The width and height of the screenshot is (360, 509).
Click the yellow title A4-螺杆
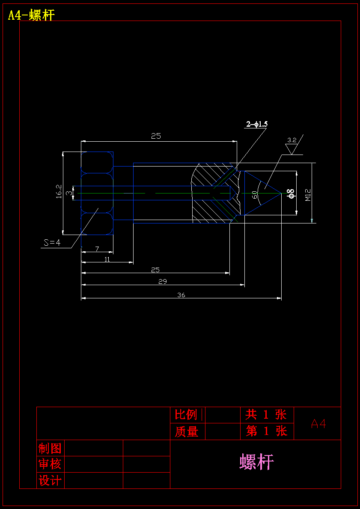pyautogui.click(x=31, y=15)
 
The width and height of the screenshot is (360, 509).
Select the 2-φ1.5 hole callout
pyautogui.click(x=257, y=124)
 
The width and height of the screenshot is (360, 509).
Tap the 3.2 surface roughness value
pyautogui.click(x=292, y=140)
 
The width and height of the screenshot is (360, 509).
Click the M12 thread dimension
pyautogui.click(x=308, y=195)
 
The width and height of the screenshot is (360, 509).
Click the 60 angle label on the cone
pyautogui.click(x=255, y=194)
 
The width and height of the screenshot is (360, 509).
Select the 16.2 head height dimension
pyautogui.click(x=59, y=191)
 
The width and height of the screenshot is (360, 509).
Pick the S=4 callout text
pyautogui.click(x=52, y=242)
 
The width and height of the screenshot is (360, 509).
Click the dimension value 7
pyautogui.click(x=97, y=249)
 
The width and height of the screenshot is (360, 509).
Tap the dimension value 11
pyautogui.click(x=107, y=259)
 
